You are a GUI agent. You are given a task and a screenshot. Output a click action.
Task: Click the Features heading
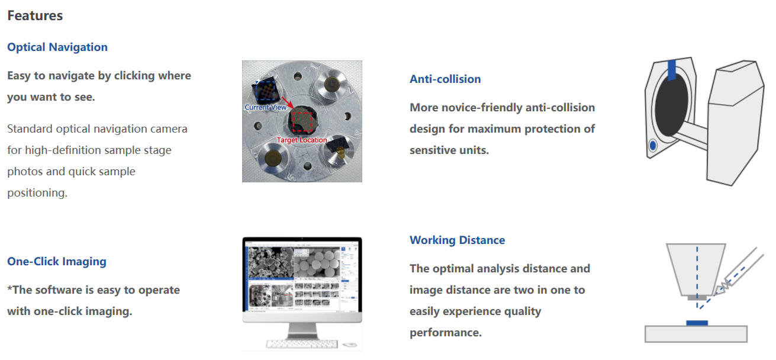tap(35, 15)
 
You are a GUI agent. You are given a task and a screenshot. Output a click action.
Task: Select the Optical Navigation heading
tap(57, 47)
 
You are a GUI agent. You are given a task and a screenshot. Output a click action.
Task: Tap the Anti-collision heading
tap(445, 79)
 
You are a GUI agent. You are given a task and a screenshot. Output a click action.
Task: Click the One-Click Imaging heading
tap(57, 262)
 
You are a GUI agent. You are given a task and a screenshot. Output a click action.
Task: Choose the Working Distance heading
tap(458, 240)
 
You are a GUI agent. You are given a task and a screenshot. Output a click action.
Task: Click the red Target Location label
tap(302, 140)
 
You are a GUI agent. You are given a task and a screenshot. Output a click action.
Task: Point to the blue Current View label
tap(265, 107)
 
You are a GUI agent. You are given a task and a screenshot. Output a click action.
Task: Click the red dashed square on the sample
tap(302, 121)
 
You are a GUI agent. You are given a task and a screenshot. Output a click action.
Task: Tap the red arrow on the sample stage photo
tap(288, 102)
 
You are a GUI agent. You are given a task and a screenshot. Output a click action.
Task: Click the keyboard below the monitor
tap(302, 343)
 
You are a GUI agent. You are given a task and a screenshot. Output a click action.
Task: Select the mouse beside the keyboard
tap(350, 345)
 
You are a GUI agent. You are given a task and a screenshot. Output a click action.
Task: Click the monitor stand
tap(302, 330)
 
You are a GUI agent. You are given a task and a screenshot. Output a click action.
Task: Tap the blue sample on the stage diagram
tap(697, 323)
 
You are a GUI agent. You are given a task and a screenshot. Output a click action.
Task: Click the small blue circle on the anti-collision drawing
tap(653, 145)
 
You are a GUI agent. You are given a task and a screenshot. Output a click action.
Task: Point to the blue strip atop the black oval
tap(672, 70)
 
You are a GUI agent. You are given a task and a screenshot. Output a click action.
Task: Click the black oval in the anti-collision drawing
tap(671, 106)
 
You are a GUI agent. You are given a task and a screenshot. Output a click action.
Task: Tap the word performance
tap(446, 333)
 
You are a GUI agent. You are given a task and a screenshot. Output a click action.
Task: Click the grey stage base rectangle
tap(695, 334)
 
